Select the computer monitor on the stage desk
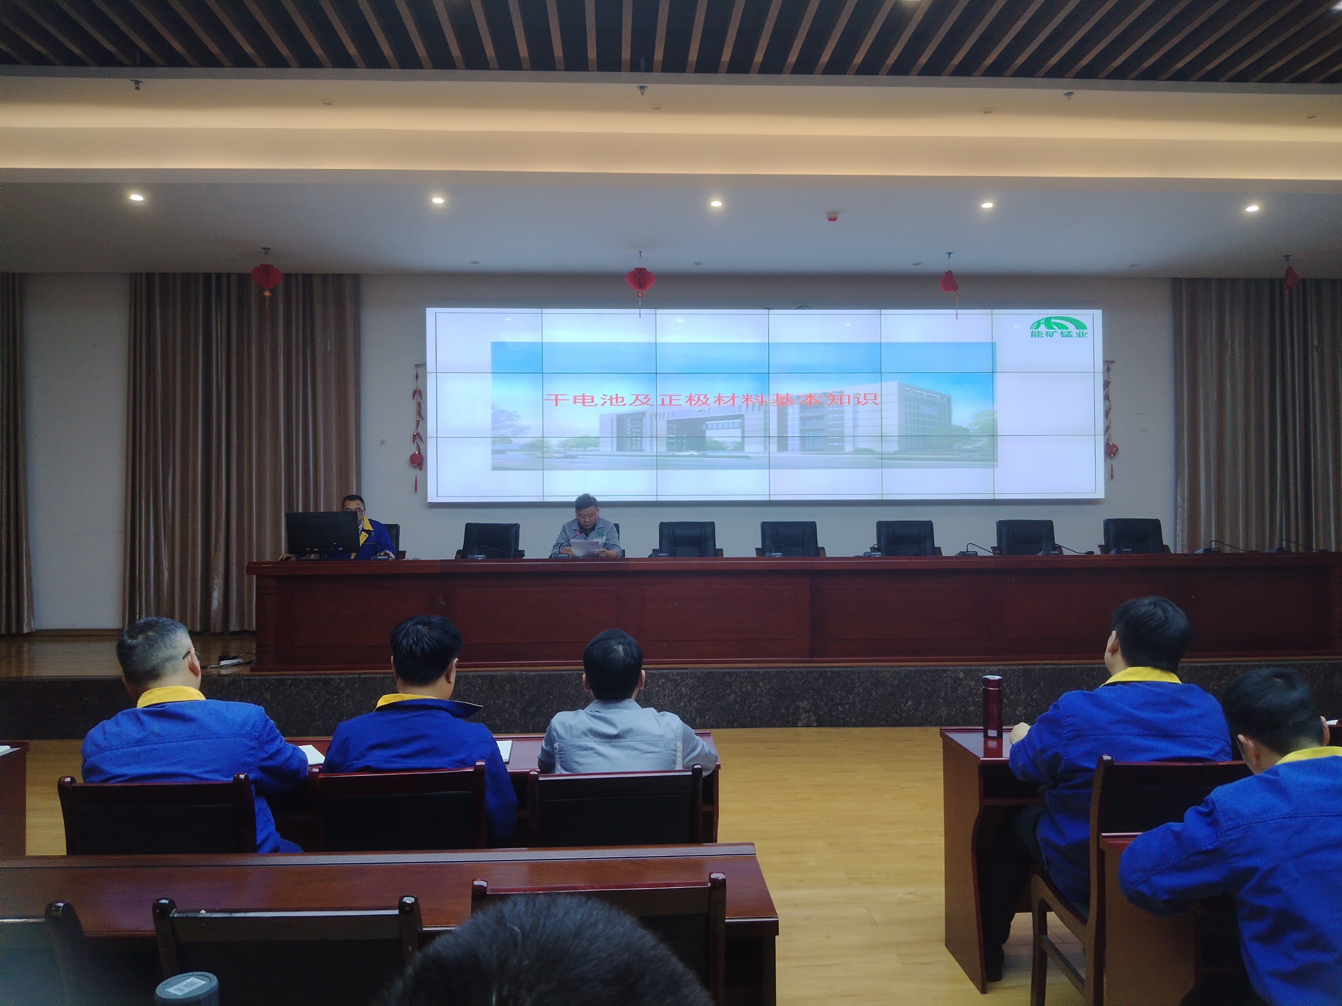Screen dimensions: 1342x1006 click(x=323, y=534)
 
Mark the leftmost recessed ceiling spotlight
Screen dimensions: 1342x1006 click(x=137, y=197)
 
